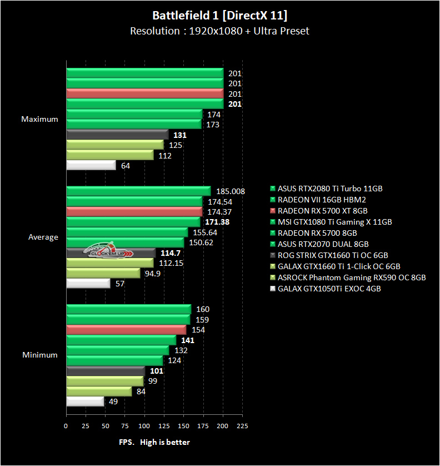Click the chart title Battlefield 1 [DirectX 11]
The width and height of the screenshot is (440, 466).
pyautogui.click(x=219, y=14)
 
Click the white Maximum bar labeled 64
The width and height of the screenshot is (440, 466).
pyautogui.click(x=91, y=166)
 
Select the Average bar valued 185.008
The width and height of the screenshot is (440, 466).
pyautogui.click(x=138, y=191)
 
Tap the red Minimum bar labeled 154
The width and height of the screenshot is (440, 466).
pyautogui.click(x=126, y=330)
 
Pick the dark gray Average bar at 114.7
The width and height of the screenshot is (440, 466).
pyautogui.click(x=111, y=253)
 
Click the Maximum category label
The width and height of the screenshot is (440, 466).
pyautogui.click(x=39, y=119)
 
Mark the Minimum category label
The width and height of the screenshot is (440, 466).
pyautogui.click(x=40, y=355)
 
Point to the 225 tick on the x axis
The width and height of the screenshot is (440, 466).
pyautogui.click(x=242, y=426)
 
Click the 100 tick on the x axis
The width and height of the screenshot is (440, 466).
pyautogui.click(x=144, y=426)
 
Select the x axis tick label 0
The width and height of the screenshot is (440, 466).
pyautogui.click(x=66, y=426)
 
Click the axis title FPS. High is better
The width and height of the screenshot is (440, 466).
pyautogui.click(x=154, y=442)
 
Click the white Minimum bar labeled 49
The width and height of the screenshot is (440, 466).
pyautogui.click(x=85, y=401)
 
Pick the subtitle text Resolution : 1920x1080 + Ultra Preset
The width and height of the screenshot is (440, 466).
pyautogui.click(x=219, y=31)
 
